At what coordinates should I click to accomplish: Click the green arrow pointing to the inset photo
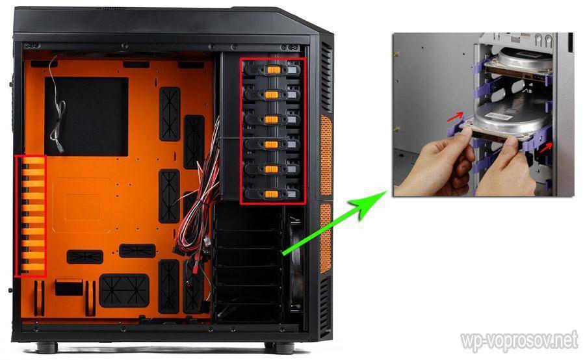click(x=334, y=223)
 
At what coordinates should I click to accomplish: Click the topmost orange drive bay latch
click(x=274, y=70)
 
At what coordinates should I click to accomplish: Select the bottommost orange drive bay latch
click(x=272, y=194)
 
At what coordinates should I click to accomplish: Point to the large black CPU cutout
click(x=86, y=117)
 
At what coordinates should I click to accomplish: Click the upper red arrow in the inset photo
click(x=455, y=117)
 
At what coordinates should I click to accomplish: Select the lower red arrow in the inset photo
click(x=546, y=148)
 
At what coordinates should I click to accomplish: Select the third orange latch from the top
click(x=272, y=120)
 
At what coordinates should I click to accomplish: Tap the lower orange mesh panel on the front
click(x=326, y=238)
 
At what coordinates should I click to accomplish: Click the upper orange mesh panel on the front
click(x=326, y=155)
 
